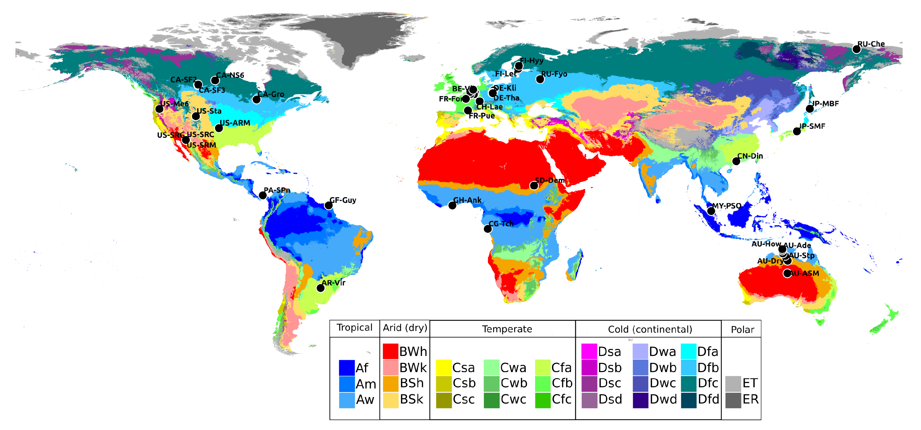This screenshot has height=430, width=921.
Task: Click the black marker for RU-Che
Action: tap(856, 49)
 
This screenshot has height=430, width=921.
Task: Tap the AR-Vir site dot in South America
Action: tap(321, 288)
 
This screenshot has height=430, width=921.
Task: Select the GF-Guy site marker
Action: tap(328, 205)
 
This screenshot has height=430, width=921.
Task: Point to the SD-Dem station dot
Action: tap(533, 185)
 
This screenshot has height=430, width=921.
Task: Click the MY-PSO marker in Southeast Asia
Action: tap(711, 211)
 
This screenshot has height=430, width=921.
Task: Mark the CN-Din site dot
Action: tap(736, 161)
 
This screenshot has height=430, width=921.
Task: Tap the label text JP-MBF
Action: tap(825, 104)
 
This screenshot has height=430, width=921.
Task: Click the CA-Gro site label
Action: tap(271, 94)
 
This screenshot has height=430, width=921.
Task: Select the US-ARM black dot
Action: tap(219, 128)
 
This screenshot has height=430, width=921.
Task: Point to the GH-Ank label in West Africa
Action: tap(467, 200)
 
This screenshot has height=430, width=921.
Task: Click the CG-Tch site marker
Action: tap(488, 229)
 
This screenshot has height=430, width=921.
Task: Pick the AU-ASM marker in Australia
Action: tap(787, 273)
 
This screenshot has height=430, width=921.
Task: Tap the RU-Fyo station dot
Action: tap(540, 79)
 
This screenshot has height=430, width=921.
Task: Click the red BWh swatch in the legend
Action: tap(390, 351)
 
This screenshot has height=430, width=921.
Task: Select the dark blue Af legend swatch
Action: tap(347, 367)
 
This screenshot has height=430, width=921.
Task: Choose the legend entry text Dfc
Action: tap(708, 383)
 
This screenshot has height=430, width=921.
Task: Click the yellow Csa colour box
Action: tap(443, 367)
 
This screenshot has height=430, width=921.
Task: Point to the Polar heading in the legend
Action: tap(742, 330)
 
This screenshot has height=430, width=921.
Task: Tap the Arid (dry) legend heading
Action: tap(405, 328)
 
